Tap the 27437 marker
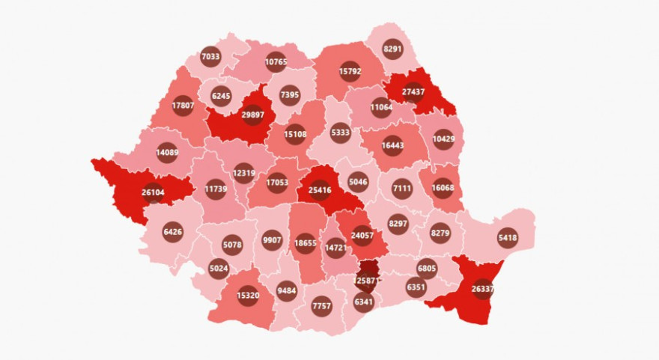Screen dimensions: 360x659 point(413,91)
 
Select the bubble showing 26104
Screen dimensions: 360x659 point(153,192)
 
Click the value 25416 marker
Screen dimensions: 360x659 point(320,189)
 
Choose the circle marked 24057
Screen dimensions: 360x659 point(362,236)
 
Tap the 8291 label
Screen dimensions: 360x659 point(392,50)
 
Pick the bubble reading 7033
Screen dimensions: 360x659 point(210,55)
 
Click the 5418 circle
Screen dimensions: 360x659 point(508,238)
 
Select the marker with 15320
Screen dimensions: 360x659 point(248,296)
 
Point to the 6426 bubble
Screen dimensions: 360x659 point(172,232)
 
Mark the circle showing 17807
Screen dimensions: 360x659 point(183,106)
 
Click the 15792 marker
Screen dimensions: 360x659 point(350,73)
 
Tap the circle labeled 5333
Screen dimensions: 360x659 point(340,133)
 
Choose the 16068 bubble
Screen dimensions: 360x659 point(443,189)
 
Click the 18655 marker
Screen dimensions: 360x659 point(305,243)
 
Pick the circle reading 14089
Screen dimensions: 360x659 point(166,153)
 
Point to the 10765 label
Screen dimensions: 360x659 point(276,62)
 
